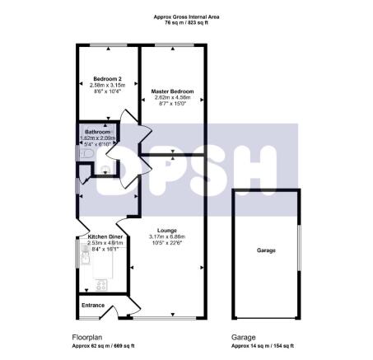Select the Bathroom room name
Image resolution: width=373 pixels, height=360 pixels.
[98, 131]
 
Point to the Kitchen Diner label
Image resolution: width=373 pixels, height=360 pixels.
[105, 237]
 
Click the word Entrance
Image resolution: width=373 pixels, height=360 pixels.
[94, 305]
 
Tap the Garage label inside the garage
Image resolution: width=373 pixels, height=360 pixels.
[266, 250]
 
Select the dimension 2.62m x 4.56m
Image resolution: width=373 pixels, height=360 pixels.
[172, 96]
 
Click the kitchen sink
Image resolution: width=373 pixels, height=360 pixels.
[86, 257]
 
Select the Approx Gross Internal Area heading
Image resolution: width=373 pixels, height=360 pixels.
[186, 16]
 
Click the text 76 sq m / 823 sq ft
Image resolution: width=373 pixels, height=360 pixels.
[186, 23]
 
